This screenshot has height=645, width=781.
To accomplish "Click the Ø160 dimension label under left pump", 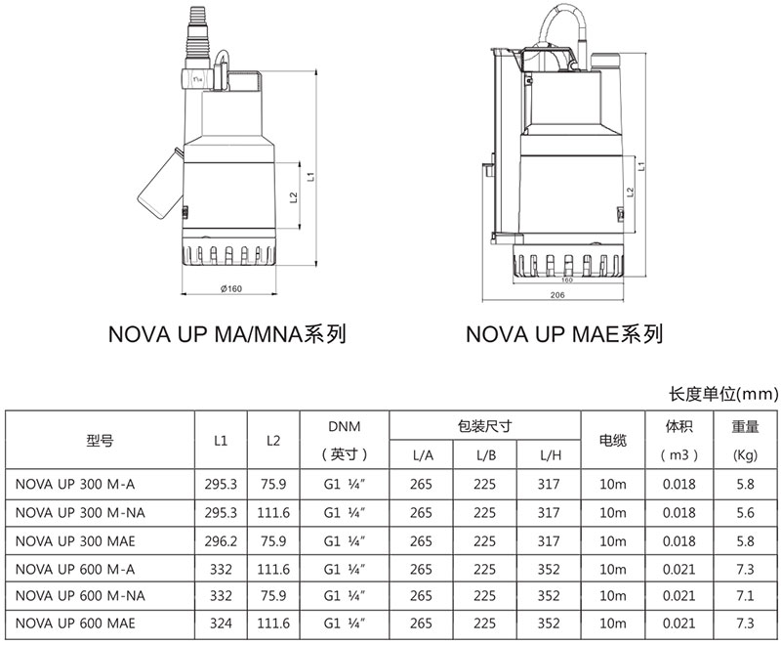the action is [231, 288].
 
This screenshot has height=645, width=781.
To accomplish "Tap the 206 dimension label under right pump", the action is [557, 295].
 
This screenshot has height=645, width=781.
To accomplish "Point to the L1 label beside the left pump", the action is [310, 177].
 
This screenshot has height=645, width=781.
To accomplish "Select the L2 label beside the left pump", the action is [294, 197].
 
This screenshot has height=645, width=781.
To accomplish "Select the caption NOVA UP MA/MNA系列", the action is [227, 334].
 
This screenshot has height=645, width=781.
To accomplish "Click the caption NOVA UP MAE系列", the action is [564, 334].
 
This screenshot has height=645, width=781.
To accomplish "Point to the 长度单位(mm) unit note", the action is [723, 394].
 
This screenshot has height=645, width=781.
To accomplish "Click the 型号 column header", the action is [101, 441].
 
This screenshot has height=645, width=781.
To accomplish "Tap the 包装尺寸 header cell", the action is [484, 426].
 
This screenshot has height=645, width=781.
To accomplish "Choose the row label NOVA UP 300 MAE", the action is [75, 541].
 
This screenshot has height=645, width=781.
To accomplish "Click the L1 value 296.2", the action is [221, 541].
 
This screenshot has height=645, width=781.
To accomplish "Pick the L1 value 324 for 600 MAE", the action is [221, 623].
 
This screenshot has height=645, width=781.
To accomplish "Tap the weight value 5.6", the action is [745, 513].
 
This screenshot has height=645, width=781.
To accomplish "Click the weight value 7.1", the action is [745, 596].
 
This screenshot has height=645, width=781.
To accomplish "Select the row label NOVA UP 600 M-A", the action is [75, 569].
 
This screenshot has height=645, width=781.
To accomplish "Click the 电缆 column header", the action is [613, 441].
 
